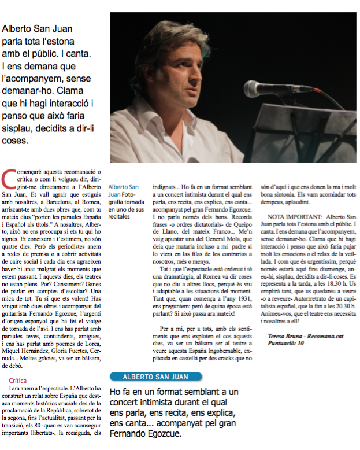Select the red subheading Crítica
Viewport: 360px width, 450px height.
18,381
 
